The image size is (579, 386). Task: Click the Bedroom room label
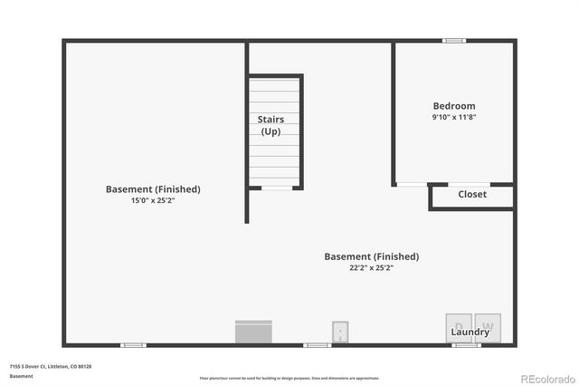coord(453,106)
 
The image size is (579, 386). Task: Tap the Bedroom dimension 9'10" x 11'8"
coord(453,117)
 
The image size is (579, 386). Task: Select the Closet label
coord(471,194)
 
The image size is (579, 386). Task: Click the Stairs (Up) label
coord(271,125)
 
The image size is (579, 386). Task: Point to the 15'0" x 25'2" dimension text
coord(152,200)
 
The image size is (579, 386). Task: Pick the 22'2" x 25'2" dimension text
coord(371,267)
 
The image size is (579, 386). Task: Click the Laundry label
coord(470,333)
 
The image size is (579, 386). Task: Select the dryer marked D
coord(459,325)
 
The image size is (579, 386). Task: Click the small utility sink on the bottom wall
coord(341,332)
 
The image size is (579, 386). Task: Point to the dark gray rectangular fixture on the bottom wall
coord(254,332)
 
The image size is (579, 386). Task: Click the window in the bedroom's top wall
coord(453,40)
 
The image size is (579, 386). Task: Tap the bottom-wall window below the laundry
coord(465,345)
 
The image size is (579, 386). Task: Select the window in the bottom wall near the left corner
coord(134,345)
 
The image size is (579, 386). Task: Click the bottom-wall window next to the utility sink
coord(317,345)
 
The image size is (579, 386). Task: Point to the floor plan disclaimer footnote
coord(289,378)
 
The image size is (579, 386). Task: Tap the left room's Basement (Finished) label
coord(153,189)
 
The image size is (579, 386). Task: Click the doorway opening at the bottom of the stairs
coord(277,188)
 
